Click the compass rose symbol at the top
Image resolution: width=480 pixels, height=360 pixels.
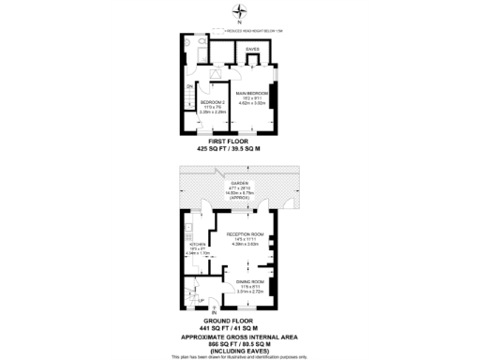coord(240,11)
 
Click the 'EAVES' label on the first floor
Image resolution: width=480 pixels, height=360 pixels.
coord(252,49)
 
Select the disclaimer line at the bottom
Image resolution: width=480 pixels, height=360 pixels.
coord(240,356)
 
